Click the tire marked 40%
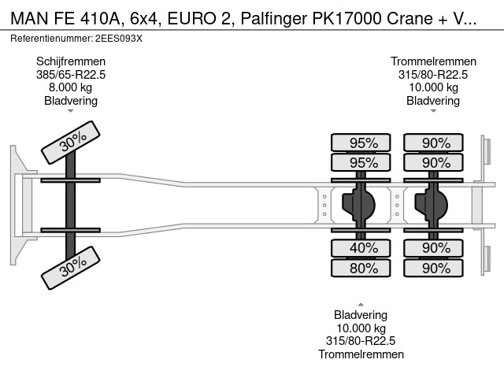(x=361, y=248)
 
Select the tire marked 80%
(x=361, y=268)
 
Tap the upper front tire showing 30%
(x=71, y=142)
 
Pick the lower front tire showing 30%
(x=71, y=268)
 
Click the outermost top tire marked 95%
(x=361, y=143)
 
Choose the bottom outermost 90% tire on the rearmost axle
(x=433, y=268)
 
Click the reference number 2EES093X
(x=119, y=39)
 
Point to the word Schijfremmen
(x=71, y=61)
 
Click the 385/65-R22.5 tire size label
(x=71, y=75)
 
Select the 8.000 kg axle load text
(x=70, y=87)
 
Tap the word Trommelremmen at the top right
(x=433, y=61)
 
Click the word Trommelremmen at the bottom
(x=361, y=354)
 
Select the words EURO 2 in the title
(x=199, y=19)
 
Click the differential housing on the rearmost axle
(x=432, y=205)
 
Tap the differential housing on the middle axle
(x=359, y=205)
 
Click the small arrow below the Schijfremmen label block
(x=71, y=111)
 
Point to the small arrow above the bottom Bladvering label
(x=361, y=305)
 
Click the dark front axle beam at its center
(x=70, y=205)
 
